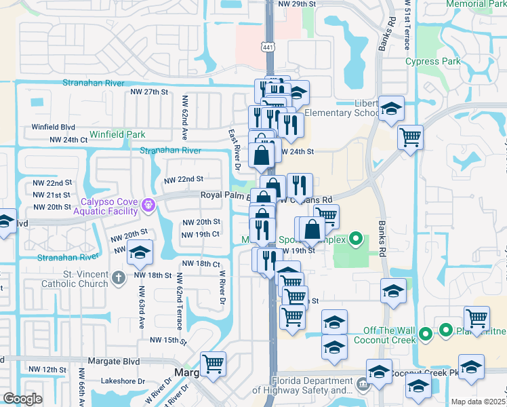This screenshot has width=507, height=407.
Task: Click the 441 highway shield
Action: click(268, 45)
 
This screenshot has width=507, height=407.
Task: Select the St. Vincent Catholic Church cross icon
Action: click(118, 277)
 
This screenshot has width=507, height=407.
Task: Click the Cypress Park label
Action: click(432, 62)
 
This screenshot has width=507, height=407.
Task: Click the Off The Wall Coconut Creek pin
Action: click(425, 333)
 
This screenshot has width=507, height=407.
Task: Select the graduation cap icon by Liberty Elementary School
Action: click(391, 108)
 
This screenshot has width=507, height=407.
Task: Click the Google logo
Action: click(22, 399)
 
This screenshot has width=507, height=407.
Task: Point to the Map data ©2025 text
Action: click(479, 402)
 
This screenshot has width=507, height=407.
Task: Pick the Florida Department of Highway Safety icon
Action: click(363, 385)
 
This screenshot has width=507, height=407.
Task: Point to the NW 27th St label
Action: click(146, 92)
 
